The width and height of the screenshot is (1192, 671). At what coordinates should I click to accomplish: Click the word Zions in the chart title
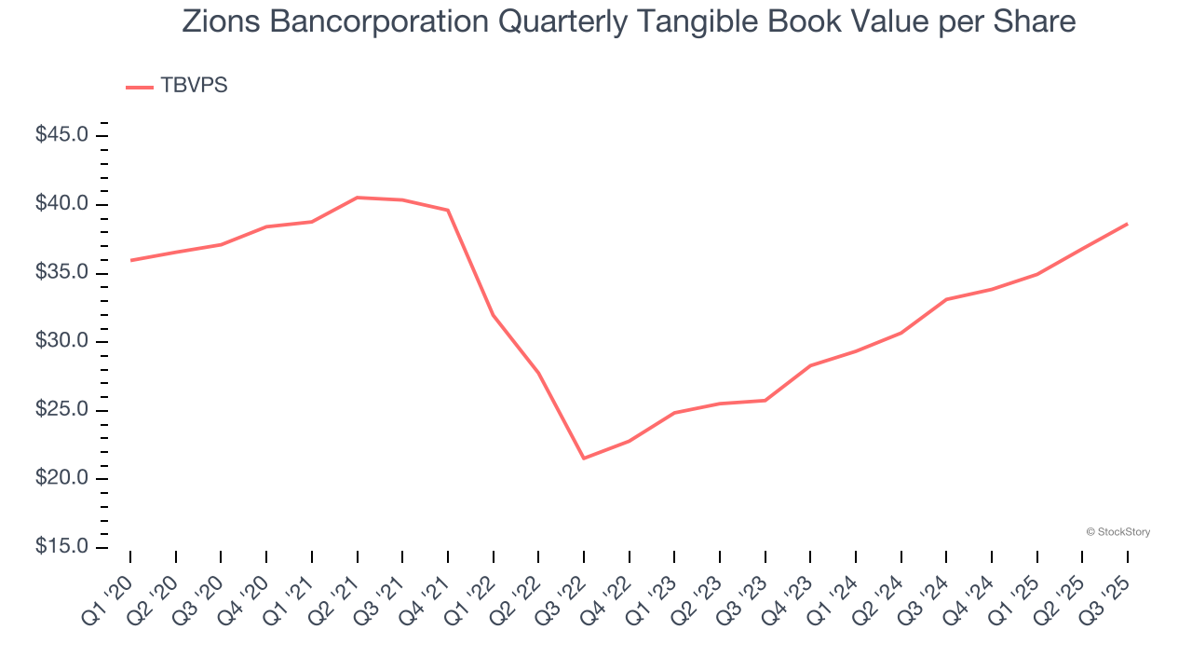point(216,21)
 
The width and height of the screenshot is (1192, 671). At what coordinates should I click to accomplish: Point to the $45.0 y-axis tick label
point(61,136)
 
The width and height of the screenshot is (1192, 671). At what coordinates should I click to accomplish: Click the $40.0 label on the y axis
point(61,205)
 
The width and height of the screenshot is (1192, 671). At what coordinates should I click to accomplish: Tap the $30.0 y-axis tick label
point(61,342)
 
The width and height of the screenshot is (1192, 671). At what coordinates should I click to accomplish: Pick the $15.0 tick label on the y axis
point(61,548)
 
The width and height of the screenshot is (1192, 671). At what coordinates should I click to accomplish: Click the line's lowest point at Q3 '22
point(584,459)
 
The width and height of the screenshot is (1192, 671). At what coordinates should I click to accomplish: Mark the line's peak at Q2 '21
point(357,198)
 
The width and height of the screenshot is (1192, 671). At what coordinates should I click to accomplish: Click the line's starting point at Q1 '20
point(130,260)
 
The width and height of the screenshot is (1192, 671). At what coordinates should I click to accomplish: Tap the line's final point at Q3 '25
point(1128,224)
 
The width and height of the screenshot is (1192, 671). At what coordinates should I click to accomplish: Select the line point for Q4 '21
point(448,211)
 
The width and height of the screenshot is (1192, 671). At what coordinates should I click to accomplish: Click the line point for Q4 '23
point(810,365)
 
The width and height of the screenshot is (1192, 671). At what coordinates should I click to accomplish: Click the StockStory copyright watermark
point(1117,532)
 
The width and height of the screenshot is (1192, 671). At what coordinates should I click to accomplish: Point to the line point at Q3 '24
point(946,299)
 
